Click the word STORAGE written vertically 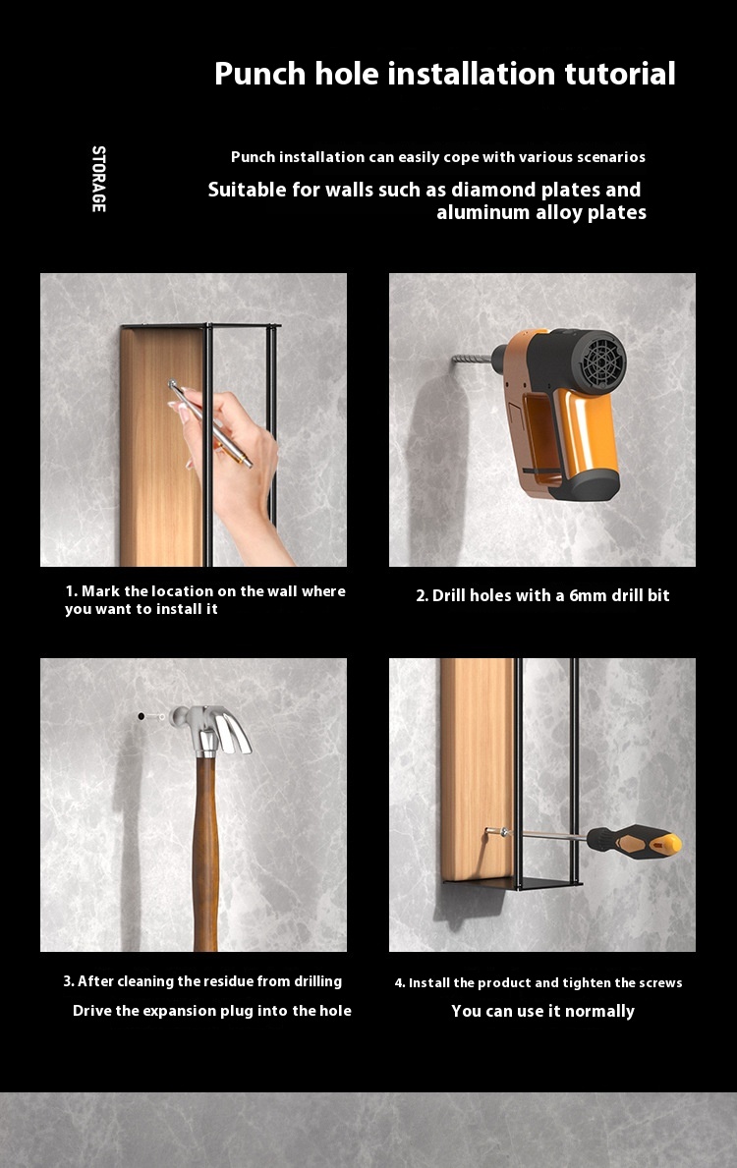(98, 179)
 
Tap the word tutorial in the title (620, 74)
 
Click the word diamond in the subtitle (493, 190)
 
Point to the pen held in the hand (210, 423)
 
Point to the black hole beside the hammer (141, 716)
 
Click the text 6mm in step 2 (589, 596)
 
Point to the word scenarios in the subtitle (610, 157)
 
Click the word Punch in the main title (260, 74)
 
